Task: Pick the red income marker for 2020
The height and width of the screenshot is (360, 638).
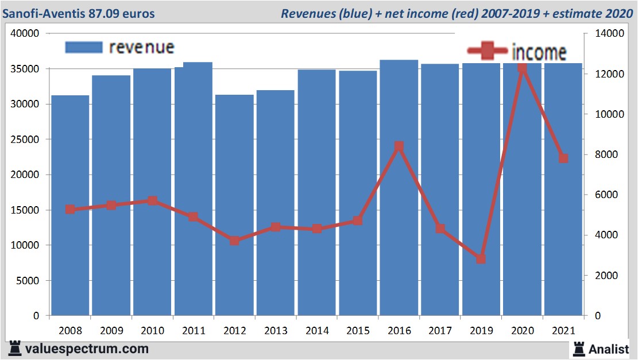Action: point(522,68)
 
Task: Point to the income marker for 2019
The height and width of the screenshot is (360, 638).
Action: point(481,259)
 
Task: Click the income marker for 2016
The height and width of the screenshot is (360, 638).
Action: point(399,146)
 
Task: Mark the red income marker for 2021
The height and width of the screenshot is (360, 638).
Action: point(563,158)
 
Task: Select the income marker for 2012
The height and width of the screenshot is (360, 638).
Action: point(234,241)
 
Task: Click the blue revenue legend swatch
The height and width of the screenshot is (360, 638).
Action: point(84,47)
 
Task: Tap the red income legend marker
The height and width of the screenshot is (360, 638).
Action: point(488,51)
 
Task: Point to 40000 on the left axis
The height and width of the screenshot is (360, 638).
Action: point(25,34)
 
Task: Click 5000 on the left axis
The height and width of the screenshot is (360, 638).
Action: point(28,281)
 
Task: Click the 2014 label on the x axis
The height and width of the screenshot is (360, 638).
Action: point(317,331)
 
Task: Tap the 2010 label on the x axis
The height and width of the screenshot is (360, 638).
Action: point(152,331)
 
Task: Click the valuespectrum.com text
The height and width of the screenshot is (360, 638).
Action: point(87,349)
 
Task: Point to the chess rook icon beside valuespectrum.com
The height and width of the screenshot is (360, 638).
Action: point(15,349)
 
